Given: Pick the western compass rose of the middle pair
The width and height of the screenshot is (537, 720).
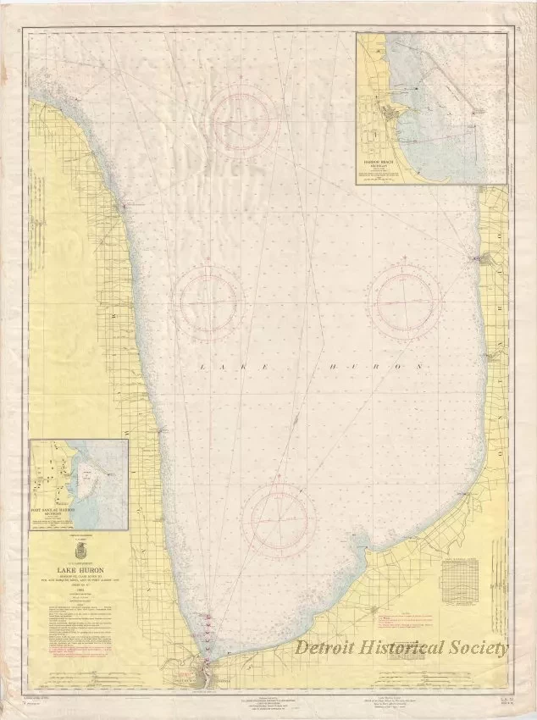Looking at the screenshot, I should (x=210, y=298).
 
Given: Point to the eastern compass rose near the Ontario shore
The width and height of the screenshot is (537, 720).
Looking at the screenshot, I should (x=407, y=297).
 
